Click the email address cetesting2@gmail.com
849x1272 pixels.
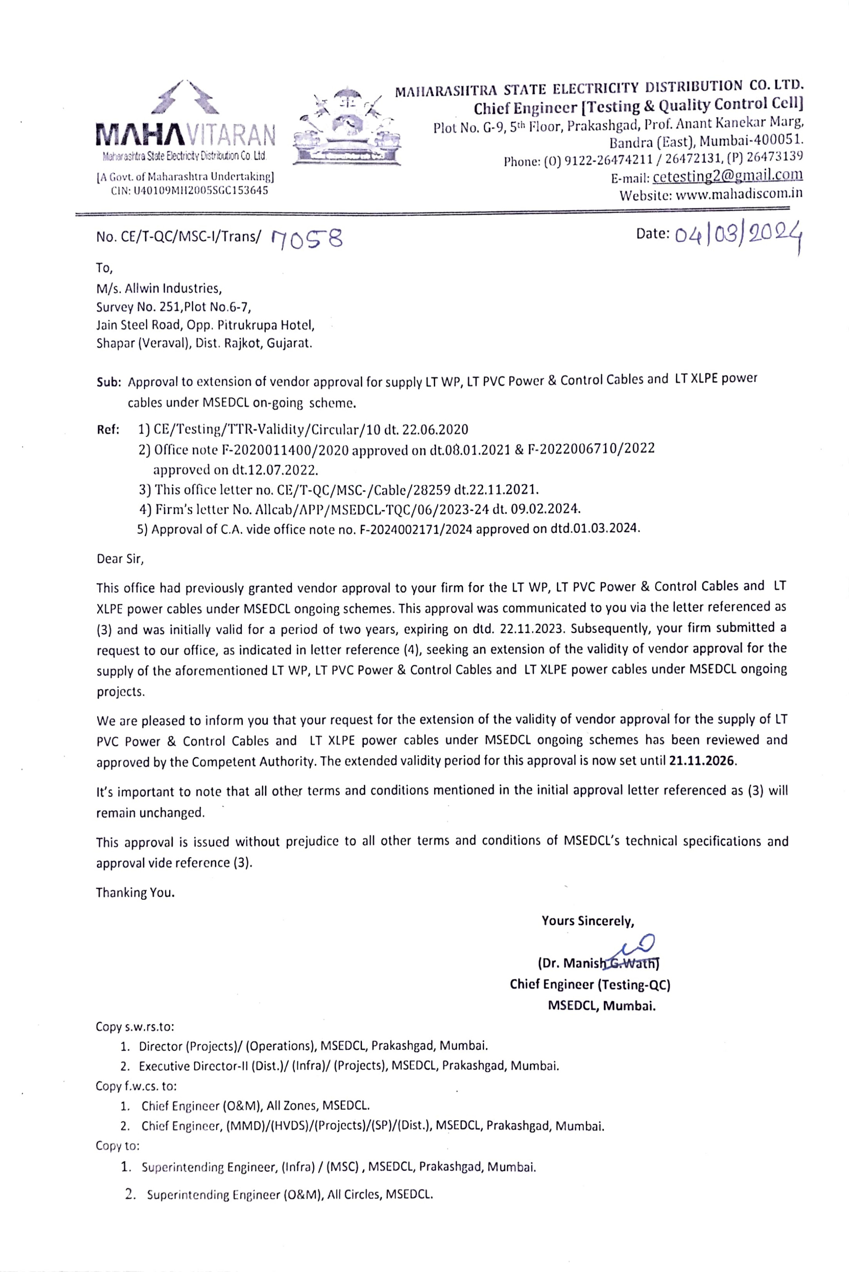coord(728,176)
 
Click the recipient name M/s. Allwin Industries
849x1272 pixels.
coord(159,288)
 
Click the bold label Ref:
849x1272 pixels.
coord(108,430)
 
